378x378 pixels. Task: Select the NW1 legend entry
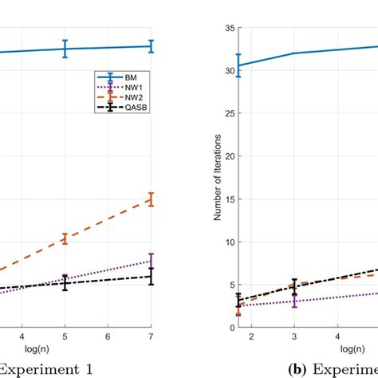(122, 89)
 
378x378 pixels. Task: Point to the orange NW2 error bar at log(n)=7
(151, 199)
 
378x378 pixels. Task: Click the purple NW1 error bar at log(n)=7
(151, 260)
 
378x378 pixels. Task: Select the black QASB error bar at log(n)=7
(151, 277)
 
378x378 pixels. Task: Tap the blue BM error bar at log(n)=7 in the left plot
(151, 46)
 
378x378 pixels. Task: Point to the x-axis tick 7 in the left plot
(151, 337)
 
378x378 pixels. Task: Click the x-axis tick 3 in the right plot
(295, 337)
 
